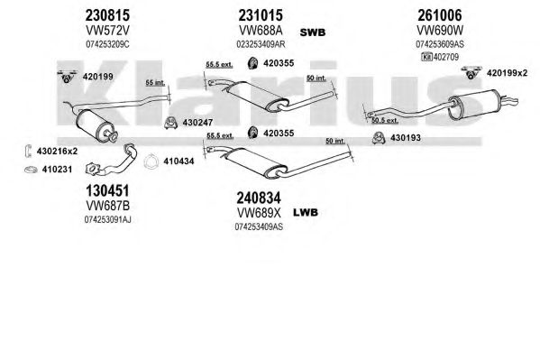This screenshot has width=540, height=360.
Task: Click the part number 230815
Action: click(107, 15)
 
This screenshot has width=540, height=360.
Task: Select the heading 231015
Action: click(261, 15)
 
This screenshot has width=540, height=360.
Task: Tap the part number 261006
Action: click(440, 15)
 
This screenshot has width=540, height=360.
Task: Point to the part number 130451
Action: click(107, 190)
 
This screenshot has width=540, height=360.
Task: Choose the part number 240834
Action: click(259, 198)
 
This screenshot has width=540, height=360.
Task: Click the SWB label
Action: click(312, 32)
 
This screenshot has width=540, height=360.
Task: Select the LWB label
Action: click(306, 212)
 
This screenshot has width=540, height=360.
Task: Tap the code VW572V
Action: click(107, 31)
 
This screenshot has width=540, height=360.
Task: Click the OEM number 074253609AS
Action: click(440, 44)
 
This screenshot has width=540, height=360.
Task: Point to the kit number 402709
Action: click(446, 57)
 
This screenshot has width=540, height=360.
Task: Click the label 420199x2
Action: click(507, 73)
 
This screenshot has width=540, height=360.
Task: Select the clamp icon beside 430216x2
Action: click(28, 151)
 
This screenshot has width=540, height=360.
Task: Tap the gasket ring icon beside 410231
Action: click(31, 170)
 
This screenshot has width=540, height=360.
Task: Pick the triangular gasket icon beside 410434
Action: click(151, 162)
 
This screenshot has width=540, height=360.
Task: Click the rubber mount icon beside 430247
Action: click(170, 123)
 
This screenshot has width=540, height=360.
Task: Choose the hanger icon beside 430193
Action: click(380, 138)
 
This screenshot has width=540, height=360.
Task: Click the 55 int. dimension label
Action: click(155, 83)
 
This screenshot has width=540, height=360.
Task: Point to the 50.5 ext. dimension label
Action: click(385, 120)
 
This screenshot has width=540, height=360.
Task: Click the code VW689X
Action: click(259, 213)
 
